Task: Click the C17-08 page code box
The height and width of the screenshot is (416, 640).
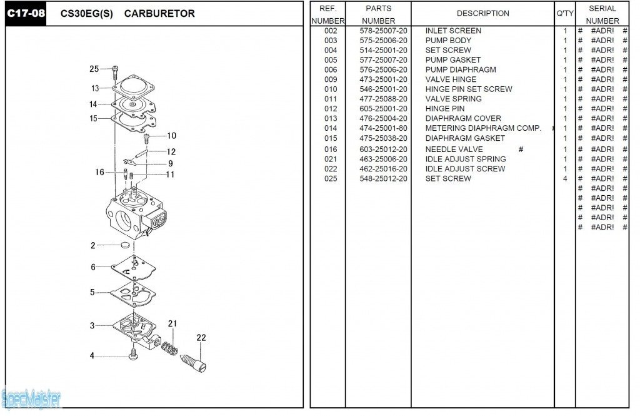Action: click(26, 13)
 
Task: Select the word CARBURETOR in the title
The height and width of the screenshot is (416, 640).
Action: click(159, 14)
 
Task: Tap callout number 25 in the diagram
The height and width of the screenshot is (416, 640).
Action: click(94, 69)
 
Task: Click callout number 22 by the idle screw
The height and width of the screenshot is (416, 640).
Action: click(201, 338)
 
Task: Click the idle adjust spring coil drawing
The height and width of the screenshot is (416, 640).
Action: click(169, 348)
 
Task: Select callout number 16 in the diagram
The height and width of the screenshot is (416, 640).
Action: click(99, 172)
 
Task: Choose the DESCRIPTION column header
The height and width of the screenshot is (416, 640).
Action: click(482, 13)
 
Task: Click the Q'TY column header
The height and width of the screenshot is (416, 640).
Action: click(564, 13)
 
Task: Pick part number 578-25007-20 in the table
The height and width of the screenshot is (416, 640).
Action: click(383, 31)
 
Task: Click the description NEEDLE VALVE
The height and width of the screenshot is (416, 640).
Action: click(454, 150)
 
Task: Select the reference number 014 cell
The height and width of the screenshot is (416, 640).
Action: click(331, 128)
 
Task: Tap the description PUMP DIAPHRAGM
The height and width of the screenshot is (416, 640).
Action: click(461, 70)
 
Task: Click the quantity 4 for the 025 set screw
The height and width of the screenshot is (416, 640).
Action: click(565, 179)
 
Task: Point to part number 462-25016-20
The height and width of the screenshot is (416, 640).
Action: click(383, 169)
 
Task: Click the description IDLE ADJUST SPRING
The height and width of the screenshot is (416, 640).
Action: click(466, 159)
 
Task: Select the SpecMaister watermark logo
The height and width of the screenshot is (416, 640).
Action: click(31, 397)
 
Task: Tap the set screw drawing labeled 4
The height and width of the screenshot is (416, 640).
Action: click(132, 355)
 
